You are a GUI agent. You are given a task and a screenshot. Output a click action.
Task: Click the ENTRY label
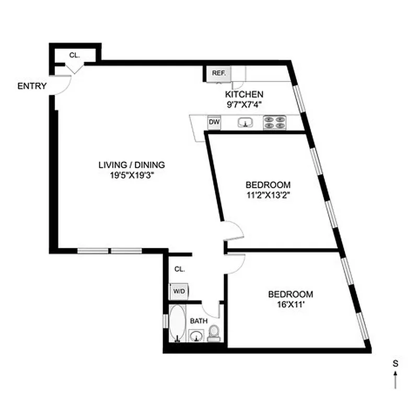[32, 86]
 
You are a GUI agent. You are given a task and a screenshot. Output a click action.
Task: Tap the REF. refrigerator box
[218, 74]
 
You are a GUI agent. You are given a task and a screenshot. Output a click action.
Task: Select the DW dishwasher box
[214, 122]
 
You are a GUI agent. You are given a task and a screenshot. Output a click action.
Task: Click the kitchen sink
[246, 123]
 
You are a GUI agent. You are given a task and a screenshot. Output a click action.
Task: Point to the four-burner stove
[275, 122]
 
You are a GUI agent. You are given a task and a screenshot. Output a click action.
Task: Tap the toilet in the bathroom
[214, 333]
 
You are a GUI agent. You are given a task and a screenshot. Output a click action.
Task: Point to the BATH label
[199, 320]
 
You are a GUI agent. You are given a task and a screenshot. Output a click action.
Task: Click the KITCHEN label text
[244, 95]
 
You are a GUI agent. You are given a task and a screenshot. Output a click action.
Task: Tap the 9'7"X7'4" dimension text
[244, 104]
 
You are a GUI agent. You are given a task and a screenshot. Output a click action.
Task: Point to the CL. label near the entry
[74, 55]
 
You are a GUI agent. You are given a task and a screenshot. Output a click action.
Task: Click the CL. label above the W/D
[180, 269]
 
